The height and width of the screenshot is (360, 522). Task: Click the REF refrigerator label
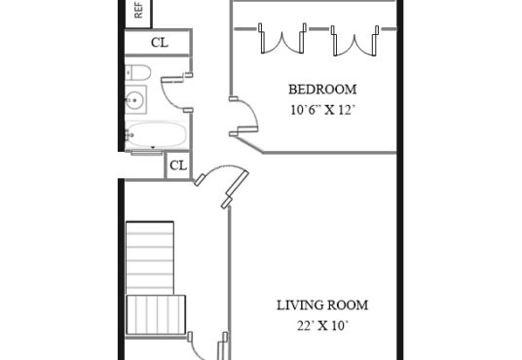(x=138, y=10)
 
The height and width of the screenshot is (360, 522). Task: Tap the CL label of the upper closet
(x=160, y=43)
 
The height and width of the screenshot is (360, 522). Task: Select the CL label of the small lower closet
(x=178, y=165)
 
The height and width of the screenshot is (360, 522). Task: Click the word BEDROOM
(x=322, y=90)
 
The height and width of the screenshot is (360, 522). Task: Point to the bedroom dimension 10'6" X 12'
(x=321, y=110)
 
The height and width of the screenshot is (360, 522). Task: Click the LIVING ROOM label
(x=322, y=306)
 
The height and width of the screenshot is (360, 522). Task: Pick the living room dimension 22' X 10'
(x=322, y=326)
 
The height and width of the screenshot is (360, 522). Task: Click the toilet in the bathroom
(x=138, y=72)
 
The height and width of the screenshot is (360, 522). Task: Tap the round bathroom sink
(x=135, y=99)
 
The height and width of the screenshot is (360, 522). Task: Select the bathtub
(x=156, y=134)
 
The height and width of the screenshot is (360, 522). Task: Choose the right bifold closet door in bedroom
(x=354, y=40)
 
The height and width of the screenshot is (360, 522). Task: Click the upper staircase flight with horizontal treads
(x=150, y=258)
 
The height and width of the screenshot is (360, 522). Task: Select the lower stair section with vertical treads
(x=156, y=314)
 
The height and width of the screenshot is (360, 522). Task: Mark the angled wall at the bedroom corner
(x=248, y=145)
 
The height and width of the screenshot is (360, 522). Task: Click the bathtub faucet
(x=129, y=134)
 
